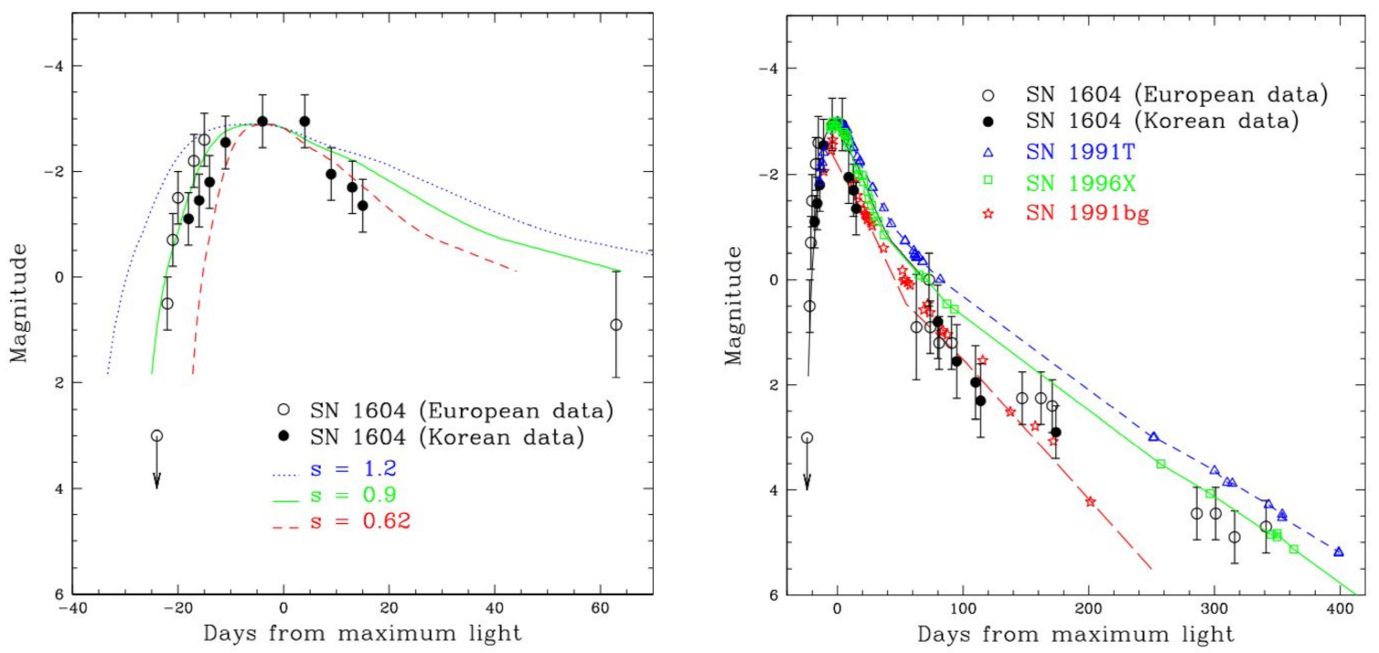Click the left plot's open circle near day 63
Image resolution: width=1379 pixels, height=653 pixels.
coord(616,325)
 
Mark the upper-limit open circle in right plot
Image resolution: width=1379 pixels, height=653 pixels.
coord(807,438)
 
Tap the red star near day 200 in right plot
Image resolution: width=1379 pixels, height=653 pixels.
coord(1090,501)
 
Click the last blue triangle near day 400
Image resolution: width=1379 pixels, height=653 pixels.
coord(1339,551)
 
